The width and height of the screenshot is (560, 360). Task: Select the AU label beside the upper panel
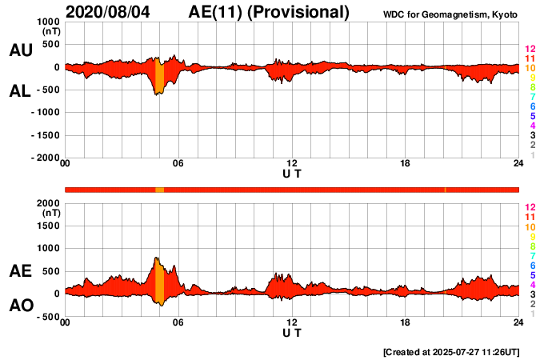(x=20, y=50)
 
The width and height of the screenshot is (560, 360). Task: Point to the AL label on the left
(x=20, y=92)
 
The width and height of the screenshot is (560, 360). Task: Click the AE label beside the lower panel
(x=20, y=272)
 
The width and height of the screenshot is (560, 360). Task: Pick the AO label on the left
(x=20, y=305)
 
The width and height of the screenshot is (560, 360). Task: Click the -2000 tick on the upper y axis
(x=45, y=158)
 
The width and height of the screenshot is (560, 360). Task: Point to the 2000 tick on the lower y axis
(x=49, y=203)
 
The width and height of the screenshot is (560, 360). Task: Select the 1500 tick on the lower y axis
(x=49, y=226)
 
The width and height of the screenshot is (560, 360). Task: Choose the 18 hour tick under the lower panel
(x=406, y=322)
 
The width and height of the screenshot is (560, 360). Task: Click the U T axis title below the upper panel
(x=292, y=174)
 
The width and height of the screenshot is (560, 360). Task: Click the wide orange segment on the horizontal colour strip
(x=159, y=190)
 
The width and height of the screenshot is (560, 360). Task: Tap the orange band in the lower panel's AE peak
(x=159, y=280)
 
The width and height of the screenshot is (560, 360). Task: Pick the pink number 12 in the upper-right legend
(x=530, y=50)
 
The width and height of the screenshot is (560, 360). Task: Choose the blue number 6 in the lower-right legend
(x=531, y=265)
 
